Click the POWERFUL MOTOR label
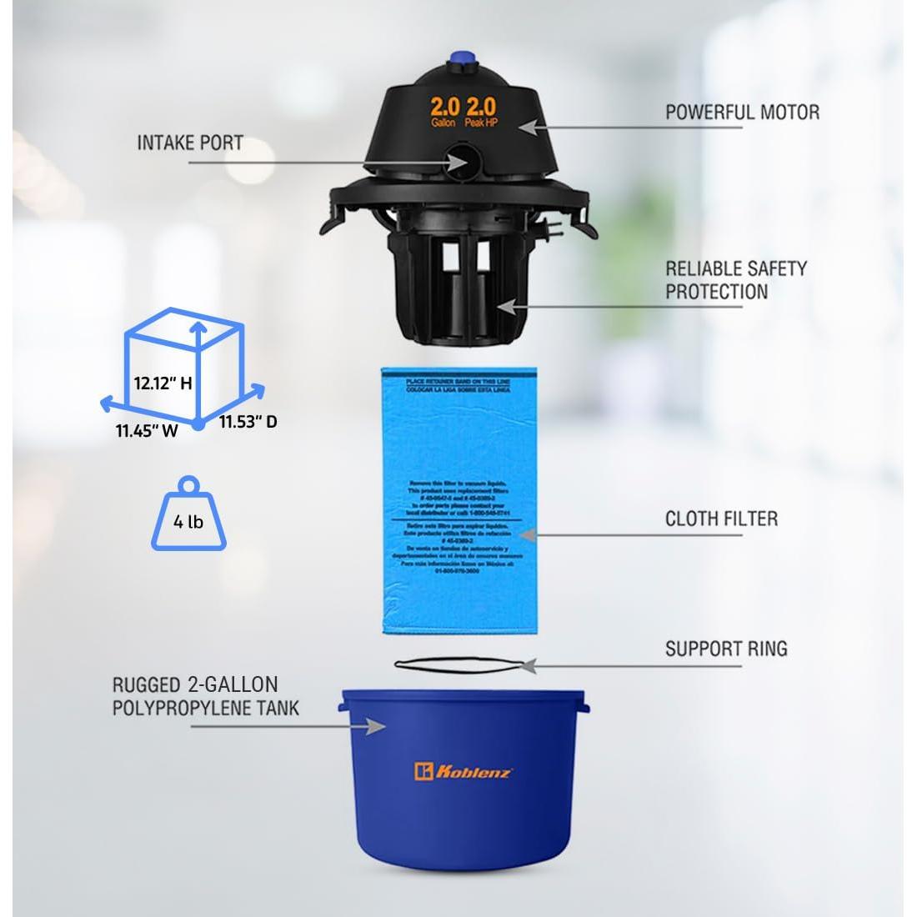741,112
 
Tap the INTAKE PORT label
190,143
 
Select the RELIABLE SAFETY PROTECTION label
735,280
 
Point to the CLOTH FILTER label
721,519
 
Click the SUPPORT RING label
725,649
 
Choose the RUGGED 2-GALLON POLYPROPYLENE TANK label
195,697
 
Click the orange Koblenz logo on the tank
464,772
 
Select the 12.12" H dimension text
163,384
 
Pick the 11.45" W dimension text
147,432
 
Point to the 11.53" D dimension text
248,422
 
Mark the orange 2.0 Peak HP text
481,112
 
